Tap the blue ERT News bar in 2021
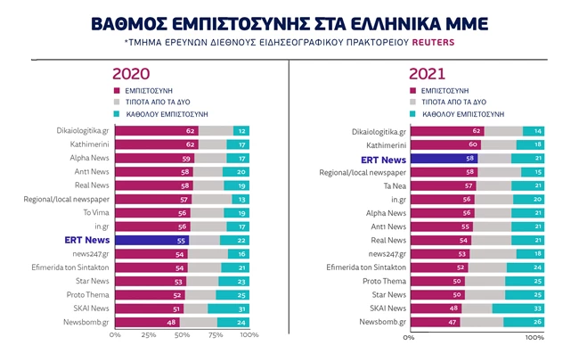pos(443,159)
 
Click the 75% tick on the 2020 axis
pos(216,335)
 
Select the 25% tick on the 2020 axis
pos(149,335)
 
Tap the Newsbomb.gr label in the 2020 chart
pos(86,322)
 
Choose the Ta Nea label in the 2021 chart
pos(394,185)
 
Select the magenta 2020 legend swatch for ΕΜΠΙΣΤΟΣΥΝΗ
pos(116,91)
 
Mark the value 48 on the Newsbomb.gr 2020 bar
pos(172,322)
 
